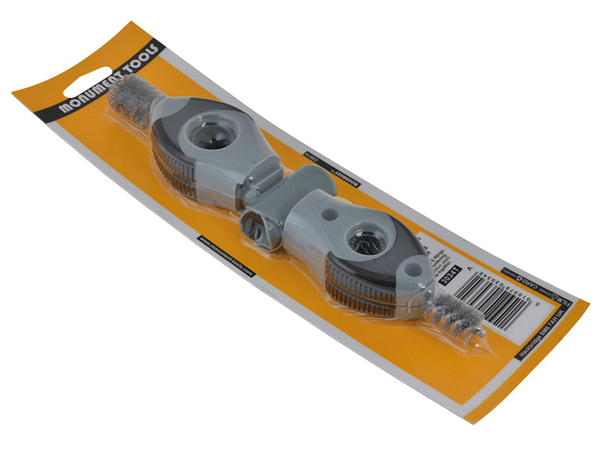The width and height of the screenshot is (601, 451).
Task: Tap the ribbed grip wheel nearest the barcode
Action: (x=358, y=289)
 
